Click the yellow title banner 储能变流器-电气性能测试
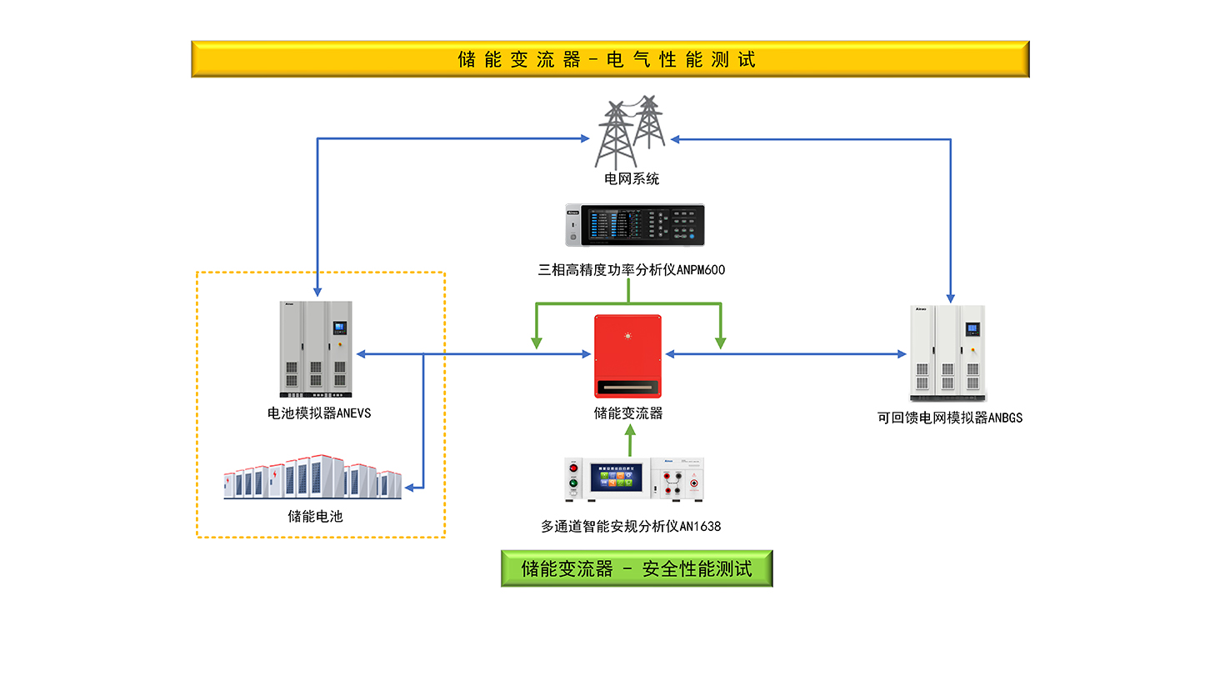[x=610, y=59]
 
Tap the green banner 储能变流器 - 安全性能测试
[x=636, y=568]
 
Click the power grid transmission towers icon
[x=630, y=132]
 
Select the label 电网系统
[x=631, y=178]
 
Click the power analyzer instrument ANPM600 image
[x=634, y=225]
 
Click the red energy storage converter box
[x=627, y=356]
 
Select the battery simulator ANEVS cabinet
[x=316, y=348]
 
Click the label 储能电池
[x=315, y=516]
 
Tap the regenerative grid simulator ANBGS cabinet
[x=947, y=352]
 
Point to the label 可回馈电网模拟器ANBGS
[x=949, y=418]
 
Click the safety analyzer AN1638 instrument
[x=634, y=480]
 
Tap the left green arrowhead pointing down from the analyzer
[x=537, y=341]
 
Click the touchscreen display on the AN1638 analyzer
[x=617, y=478]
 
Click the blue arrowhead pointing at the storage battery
[x=408, y=487]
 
